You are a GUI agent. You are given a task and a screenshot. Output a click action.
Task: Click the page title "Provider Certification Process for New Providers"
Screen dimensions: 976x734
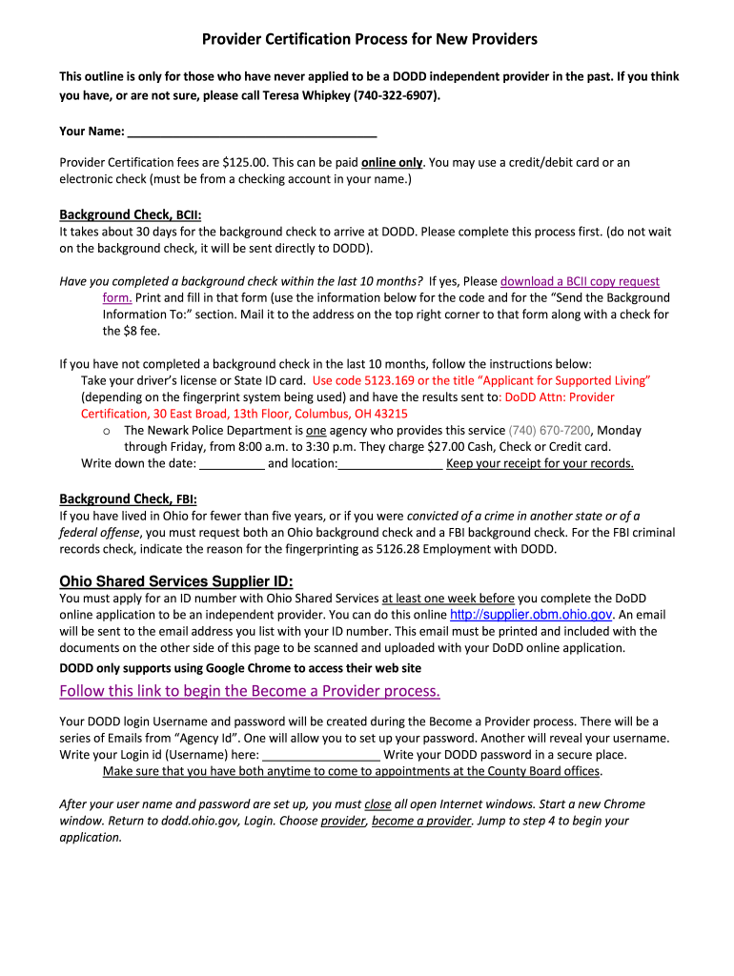(369, 39)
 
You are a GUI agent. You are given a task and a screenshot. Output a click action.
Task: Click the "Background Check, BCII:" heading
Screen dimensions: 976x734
(131, 214)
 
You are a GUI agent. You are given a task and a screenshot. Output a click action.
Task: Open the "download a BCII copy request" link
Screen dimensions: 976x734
(580, 281)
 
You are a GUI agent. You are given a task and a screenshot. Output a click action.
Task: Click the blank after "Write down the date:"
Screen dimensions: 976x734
(233, 464)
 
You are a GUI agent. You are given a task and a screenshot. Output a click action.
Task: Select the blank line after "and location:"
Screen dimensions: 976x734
(390, 464)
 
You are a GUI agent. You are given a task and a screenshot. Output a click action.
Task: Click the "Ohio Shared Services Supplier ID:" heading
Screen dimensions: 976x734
(176, 581)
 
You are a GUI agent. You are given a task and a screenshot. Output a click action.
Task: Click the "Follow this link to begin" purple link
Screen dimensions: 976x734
(250, 690)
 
